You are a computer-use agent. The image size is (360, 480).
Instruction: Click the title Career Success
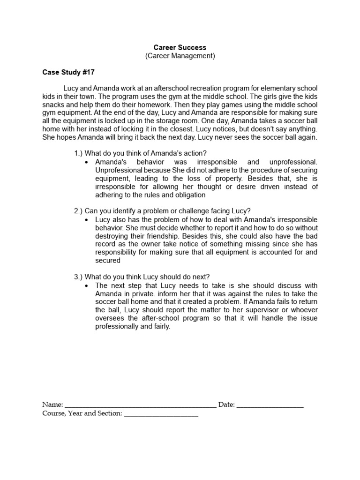[x=180, y=47]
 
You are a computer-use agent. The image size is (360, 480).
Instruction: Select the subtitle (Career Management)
[x=180, y=56]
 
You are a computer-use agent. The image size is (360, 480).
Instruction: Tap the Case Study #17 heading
[x=68, y=73]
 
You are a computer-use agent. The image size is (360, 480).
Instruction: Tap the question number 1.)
[x=78, y=153]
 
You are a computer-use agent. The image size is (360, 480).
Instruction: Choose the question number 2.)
[x=78, y=211]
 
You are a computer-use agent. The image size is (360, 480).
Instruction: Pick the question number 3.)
[x=78, y=277]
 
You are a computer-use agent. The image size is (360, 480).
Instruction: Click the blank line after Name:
[x=140, y=405]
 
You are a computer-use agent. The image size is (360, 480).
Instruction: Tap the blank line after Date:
[x=270, y=405]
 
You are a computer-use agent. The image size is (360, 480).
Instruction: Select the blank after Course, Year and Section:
[x=161, y=413]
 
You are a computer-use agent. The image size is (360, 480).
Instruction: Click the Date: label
[x=226, y=405]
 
